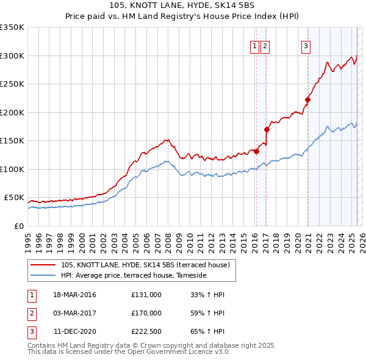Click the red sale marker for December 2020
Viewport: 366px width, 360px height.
(x=307, y=100)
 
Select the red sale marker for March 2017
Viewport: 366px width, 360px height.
(x=267, y=129)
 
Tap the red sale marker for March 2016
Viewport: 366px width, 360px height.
(x=256, y=151)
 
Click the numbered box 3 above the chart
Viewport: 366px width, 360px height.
(x=305, y=45)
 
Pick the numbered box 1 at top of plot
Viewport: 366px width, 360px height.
(x=254, y=45)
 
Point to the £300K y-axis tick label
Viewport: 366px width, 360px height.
(x=12, y=56)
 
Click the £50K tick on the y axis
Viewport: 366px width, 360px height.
(x=14, y=198)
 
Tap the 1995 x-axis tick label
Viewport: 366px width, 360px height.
(x=28, y=238)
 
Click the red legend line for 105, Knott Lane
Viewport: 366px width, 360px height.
(x=43, y=265)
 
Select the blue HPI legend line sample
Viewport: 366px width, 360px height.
(x=43, y=276)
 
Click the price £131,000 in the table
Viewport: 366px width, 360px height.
(x=146, y=295)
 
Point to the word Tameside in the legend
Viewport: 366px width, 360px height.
(x=192, y=276)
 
